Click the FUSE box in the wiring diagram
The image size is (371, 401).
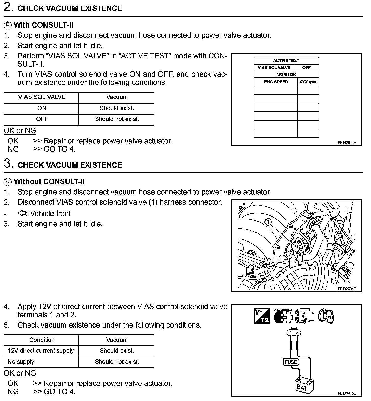click(x=291, y=362)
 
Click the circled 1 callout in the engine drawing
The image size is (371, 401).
click(x=268, y=222)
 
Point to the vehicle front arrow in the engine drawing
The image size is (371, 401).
click(x=249, y=270)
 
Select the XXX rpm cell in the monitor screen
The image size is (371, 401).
click(x=308, y=82)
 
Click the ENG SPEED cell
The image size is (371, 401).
click(x=276, y=82)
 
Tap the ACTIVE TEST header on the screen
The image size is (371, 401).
click(x=286, y=60)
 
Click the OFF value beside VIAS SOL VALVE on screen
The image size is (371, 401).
click(x=306, y=68)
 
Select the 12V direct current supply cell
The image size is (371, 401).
click(x=41, y=351)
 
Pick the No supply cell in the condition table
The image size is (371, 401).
click(x=21, y=362)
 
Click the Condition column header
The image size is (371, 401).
click(x=42, y=340)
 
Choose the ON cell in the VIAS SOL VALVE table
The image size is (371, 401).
click(x=42, y=108)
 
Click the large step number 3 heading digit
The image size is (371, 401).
click(x=8, y=164)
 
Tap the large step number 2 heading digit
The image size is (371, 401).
click(x=8, y=7)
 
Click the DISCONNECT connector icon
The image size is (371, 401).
click(x=283, y=316)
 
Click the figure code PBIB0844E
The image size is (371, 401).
click(x=347, y=143)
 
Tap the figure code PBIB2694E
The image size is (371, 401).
click(x=347, y=289)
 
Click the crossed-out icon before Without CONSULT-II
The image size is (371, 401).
click(x=8, y=182)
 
